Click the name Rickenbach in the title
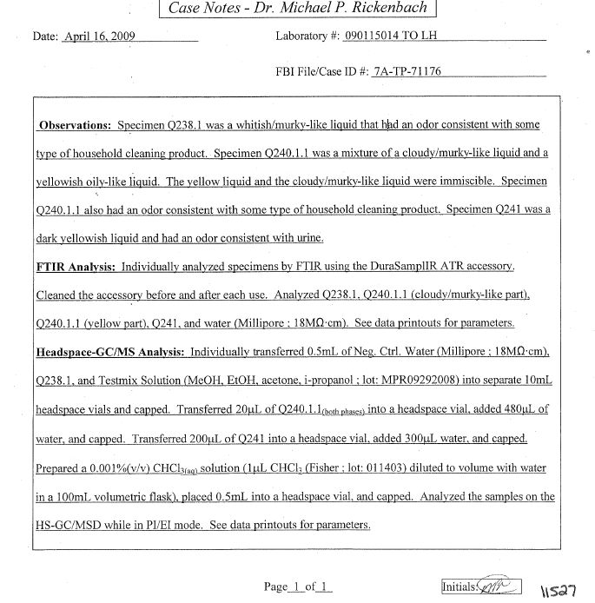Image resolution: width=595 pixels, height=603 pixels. pos(384,10)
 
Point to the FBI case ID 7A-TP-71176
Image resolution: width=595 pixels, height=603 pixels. pos(407,71)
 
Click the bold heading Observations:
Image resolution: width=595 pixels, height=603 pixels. pos(76,124)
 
